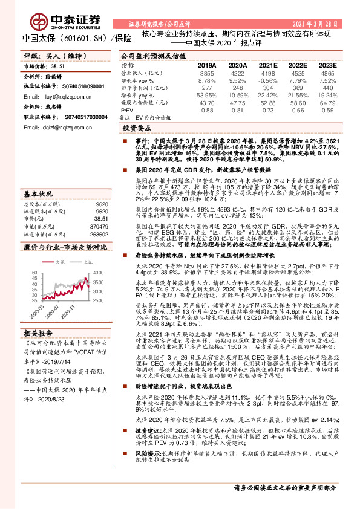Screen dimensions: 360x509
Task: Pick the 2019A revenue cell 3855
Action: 208,72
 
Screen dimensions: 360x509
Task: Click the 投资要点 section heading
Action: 136,129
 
